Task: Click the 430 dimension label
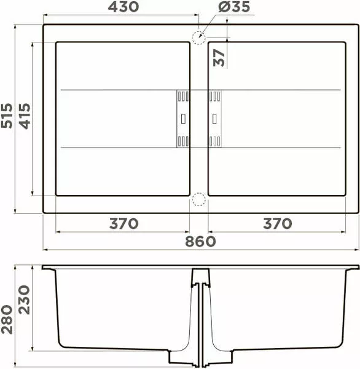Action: [123, 7]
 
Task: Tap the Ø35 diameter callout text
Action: [234, 7]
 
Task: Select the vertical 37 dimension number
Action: [219, 58]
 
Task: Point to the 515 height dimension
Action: [7, 116]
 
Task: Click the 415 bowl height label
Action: [25, 116]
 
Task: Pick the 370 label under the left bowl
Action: [123, 224]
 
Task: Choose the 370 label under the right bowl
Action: [278, 224]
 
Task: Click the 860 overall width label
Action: [200, 242]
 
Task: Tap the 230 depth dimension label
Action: [25, 300]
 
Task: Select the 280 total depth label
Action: [7, 319]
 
